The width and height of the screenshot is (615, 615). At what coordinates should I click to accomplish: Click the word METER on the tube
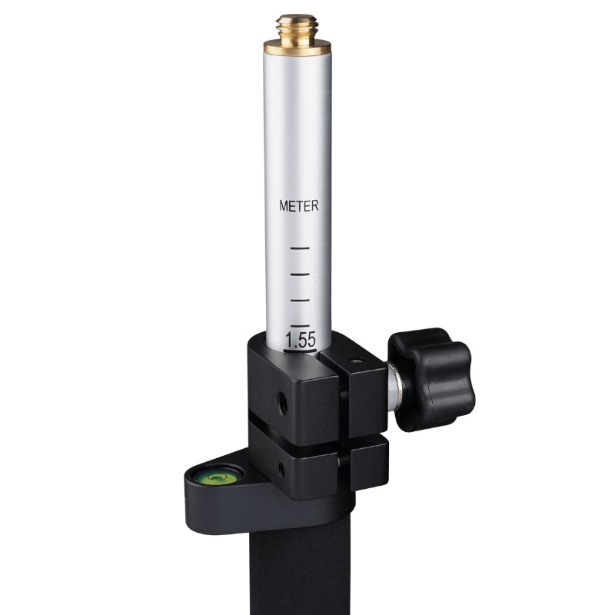(x=299, y=206)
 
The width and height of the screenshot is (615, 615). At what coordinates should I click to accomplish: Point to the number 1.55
(x=301, y=340)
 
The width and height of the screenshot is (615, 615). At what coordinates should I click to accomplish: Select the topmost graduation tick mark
(x=300, y=248)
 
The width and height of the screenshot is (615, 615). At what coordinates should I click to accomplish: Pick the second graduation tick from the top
(x=300, y=274)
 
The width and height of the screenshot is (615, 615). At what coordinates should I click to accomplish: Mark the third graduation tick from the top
(x=300, y=300)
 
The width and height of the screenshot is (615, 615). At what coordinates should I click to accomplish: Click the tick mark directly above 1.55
(x=300, y=325)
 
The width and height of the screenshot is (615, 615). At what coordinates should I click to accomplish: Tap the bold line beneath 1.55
(x=300, y=351)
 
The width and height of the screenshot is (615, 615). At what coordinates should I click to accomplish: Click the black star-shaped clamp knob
(x=431, y=379)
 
